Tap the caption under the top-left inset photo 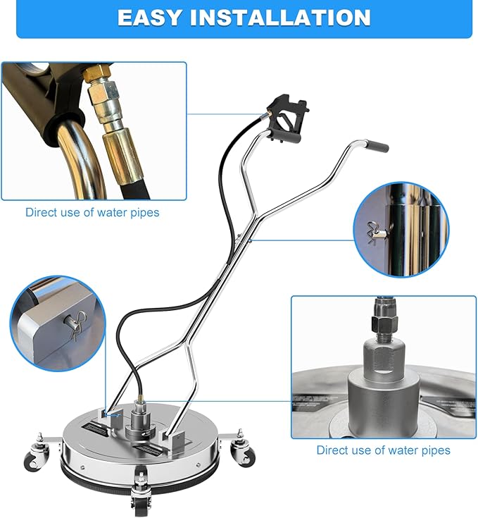point(92,212)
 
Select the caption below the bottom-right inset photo point(383,450)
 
